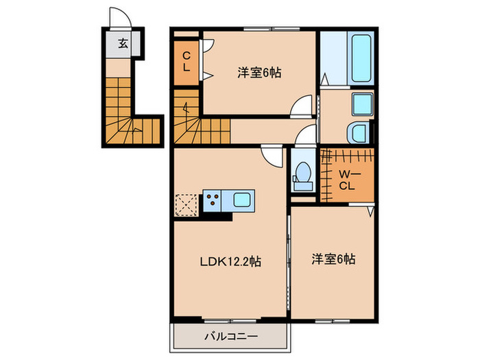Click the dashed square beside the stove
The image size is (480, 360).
pos(187,204)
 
